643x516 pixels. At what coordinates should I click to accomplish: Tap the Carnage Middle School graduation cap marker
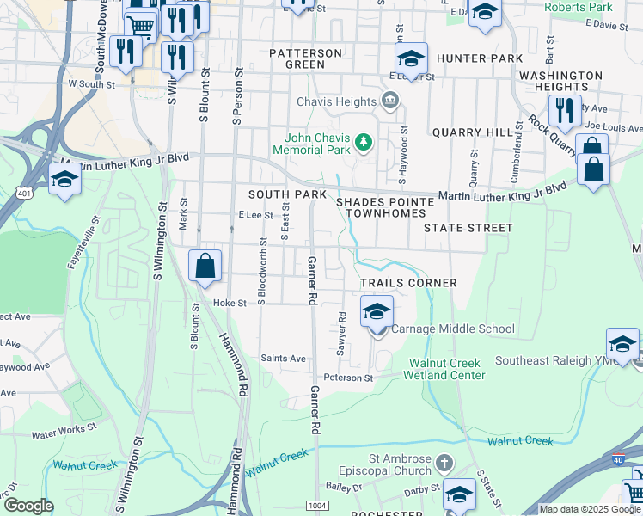(x=377, y=313)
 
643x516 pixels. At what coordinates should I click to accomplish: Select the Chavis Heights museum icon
(x=390, y=101)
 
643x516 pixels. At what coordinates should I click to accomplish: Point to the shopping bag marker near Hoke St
(x=205, y=267)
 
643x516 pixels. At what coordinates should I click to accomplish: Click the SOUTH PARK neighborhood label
(x=288, y=194)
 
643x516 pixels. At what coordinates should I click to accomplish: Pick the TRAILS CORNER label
(x=408, y=283)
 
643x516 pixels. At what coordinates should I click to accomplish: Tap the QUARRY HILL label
(x=460, y=132)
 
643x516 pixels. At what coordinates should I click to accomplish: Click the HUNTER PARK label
(x=480, y=58)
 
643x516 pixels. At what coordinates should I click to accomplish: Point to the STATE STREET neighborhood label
(x=468, y=228)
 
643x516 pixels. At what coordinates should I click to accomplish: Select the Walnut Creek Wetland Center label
(x=447, y=369)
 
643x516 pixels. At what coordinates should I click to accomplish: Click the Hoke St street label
(x=230, y=303)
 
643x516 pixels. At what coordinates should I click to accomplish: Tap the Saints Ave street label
(x=283, y=359)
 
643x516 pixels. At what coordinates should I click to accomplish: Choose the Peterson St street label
(x=348, y=378)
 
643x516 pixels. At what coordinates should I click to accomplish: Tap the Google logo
(x=28, y=506)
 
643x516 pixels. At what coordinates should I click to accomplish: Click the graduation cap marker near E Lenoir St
(x=412, y=60)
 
